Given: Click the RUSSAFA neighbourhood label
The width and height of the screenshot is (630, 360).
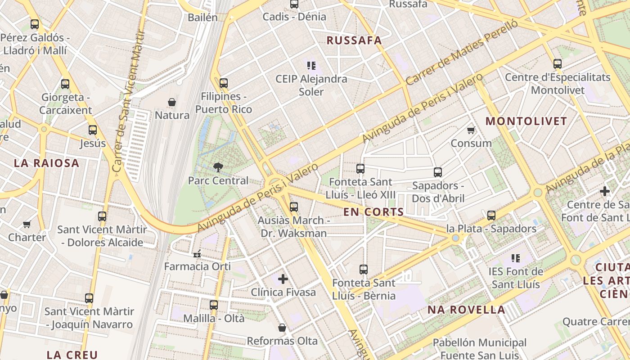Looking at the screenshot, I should coord(354,40).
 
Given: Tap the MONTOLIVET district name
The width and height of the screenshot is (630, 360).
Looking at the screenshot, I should coord(526,121).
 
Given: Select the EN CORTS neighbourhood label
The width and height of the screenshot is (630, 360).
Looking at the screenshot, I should coord(373,212).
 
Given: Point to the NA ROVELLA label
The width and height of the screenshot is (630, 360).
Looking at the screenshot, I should coord(466,310).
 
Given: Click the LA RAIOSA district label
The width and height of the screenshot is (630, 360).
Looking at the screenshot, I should coord(46,163).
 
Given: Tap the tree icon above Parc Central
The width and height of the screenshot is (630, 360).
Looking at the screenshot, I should coord(218,168).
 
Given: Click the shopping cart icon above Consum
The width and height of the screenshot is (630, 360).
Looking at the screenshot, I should coord(471,130).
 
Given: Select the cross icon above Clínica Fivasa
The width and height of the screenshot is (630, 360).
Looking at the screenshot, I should coord(283,279).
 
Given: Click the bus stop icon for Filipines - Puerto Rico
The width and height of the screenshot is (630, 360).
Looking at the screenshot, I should coord(224,83).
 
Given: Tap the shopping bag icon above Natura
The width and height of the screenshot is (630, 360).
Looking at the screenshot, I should coord(172,103).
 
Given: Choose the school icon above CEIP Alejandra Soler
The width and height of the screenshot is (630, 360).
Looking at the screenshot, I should coord(311,66).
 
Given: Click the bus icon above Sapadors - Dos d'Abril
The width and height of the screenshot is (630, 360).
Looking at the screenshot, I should coord(438,172).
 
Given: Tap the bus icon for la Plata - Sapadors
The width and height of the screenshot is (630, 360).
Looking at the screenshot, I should coord(491,216).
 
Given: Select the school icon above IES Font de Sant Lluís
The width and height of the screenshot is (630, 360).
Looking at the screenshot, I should coord(516,258).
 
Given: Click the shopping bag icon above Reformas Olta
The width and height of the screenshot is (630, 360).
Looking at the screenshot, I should coord(282,328).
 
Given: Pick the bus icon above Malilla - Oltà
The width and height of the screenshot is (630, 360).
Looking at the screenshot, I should coord(214,305).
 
